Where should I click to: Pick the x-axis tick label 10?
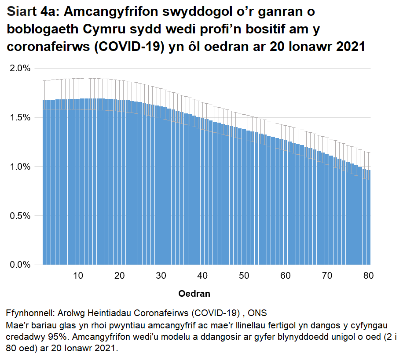78,276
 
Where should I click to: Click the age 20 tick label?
119,276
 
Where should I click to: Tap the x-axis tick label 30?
161,276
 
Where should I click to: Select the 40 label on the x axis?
202,276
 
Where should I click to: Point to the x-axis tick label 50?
244,276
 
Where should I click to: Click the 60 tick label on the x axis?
286,276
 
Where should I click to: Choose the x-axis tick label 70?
327,276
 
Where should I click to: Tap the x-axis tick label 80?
368,276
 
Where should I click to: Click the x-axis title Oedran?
194,294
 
